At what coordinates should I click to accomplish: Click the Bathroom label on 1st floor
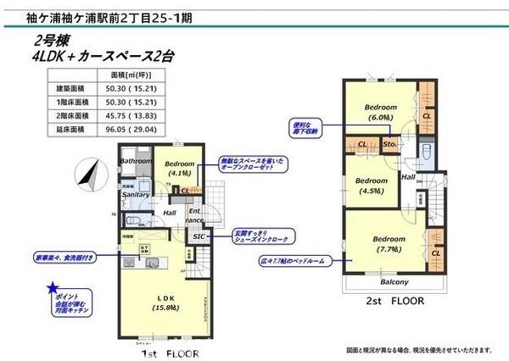coord(135,161)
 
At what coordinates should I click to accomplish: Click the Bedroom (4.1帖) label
coord(180,169)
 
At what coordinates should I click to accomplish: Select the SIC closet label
coord(199,236)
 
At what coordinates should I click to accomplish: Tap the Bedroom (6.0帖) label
coord(381,113)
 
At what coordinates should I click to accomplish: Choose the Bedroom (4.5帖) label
coord(370,186)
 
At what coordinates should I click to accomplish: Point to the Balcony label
coord(394,282)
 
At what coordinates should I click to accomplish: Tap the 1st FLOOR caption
coord(171,350)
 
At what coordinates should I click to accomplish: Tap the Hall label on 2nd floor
coord(408,177)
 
